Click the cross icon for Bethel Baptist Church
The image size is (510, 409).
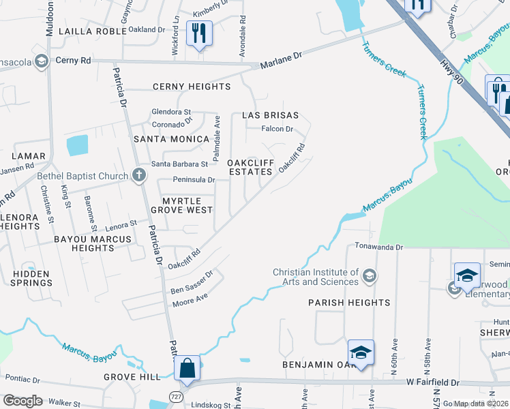point(138,175)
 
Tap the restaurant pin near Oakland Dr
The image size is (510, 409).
point(199,33)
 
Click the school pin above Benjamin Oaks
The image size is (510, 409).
point(361,353)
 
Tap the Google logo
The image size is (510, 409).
point(22,401)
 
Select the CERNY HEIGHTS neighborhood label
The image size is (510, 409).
point(192,87)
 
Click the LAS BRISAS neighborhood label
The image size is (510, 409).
point(271,116)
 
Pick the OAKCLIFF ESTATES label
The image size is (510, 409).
point(250,167)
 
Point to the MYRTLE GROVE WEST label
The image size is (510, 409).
point(187,207)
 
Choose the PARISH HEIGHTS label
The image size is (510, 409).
point(348,302)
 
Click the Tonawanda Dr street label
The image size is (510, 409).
point(378,247)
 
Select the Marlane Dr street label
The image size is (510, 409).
point(280,63)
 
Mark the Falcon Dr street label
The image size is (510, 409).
point(277,129)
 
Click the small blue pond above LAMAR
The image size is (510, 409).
point(78,145)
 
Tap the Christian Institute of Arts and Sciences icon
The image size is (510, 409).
point(369,275)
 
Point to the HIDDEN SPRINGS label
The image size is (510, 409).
point(31,278)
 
